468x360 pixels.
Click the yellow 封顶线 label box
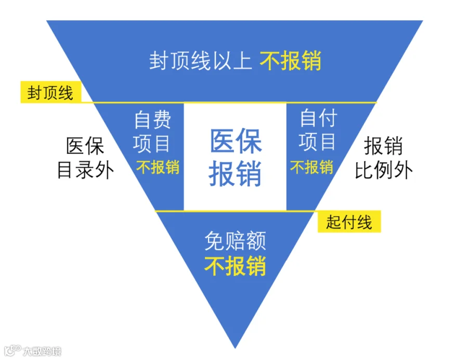[51, 92]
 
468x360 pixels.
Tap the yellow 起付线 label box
[349, 222]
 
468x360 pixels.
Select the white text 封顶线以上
[201, 61]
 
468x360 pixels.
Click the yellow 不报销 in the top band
[290, 61]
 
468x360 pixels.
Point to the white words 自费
[152, 120]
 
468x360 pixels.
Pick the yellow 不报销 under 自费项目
[158, 167]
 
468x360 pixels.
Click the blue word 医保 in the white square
[236, 141]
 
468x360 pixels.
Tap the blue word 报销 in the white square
[235, 173]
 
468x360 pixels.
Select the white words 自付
[318, 118]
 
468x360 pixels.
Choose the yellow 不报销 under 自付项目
[311, 167]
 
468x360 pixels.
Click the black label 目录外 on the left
[86, 170]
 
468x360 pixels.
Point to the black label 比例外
[384, 170]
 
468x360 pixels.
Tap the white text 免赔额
[235, 240]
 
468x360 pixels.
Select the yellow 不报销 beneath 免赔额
[235, 266]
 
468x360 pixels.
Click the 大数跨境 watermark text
[42, 351]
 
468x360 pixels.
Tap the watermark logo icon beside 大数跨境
[12, 351]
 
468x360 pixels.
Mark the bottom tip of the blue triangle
[235, 349]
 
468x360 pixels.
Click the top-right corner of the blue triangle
[423, 21]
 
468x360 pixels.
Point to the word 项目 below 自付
[317, 142]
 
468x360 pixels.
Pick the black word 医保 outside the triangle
[85, 146]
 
